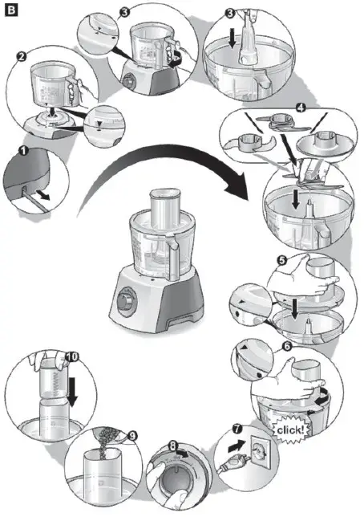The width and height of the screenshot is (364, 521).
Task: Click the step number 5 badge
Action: coord(281,262)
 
